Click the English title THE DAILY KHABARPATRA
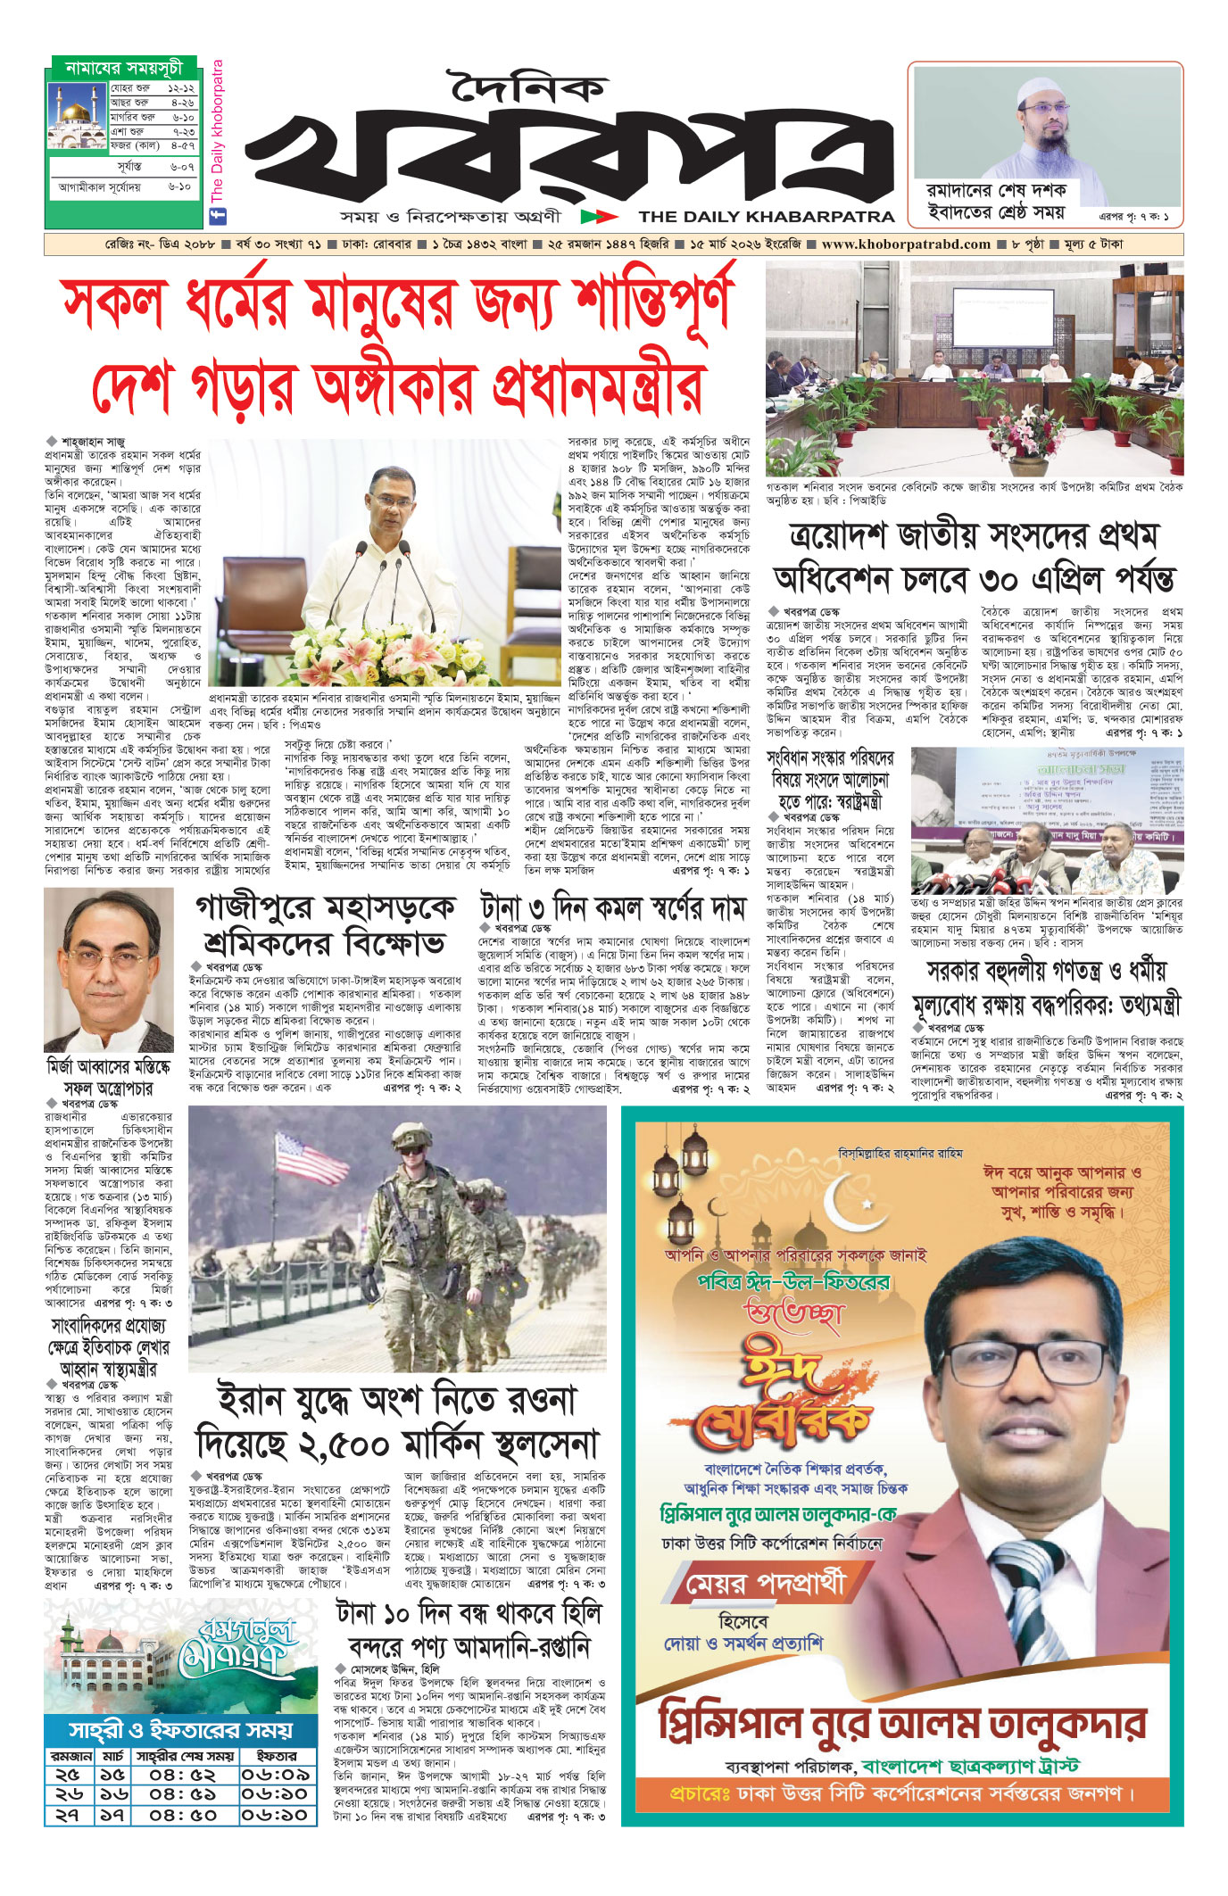coord(767,217)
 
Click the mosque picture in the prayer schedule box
coord(77,117)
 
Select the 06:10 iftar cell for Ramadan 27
coord(275,1814)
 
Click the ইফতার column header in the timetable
coord(276,1756)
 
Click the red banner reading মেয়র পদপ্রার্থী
coord(764,1585)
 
